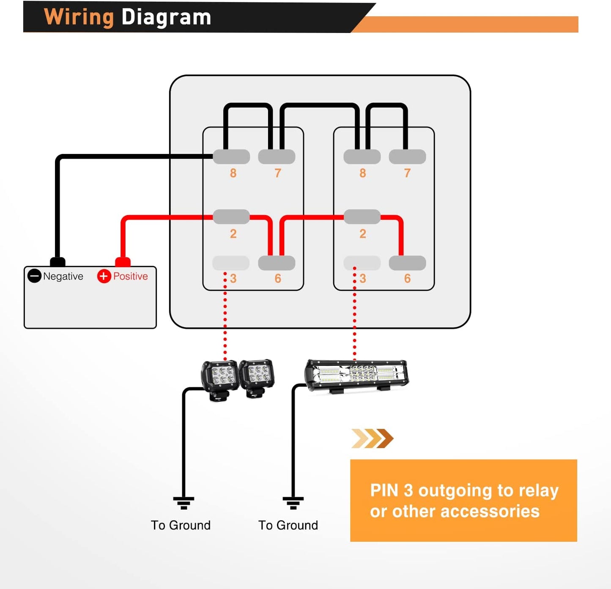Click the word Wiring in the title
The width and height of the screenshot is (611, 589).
point(79,17)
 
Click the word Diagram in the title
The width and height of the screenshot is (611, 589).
point(166,17)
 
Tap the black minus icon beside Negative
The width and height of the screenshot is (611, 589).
point(34,276)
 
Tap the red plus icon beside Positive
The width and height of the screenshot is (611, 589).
point(104,276)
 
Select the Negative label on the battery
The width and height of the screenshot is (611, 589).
point(63,276)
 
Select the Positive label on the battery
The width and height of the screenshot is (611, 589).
point(130,276)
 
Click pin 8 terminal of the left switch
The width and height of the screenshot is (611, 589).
point(231,156)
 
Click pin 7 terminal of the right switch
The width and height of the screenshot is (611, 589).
point(407,156)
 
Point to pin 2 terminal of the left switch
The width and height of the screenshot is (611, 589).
point(231,217)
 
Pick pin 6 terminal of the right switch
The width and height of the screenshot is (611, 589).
point(407,263)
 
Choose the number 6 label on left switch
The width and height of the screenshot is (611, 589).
point(278,279)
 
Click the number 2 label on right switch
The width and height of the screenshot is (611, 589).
point(363,234)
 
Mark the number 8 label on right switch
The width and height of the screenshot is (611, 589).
point(363,173)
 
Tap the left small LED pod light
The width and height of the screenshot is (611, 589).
point(220,378)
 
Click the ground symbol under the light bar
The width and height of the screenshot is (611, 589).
point(293,503)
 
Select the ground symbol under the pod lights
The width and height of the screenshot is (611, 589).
point(184,503)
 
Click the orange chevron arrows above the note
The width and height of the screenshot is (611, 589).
point(372,438)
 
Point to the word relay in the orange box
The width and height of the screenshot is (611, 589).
point(538,490)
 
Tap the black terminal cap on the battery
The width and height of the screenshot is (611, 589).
point(58,262)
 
